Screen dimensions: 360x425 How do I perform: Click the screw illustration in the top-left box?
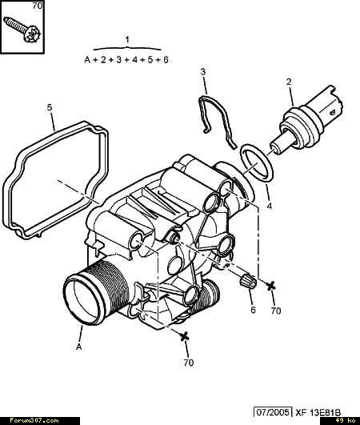point(22,30)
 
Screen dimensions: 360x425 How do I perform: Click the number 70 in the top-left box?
point(38,6)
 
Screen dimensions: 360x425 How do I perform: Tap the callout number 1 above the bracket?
point(127,40)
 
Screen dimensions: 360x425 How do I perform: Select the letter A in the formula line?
point(87,60)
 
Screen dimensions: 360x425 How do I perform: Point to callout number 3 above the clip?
point(203,72)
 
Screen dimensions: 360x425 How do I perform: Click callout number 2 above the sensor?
point(289,82)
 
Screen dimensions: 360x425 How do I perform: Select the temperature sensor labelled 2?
point(306,121)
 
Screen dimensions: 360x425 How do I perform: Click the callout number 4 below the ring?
point(269,206)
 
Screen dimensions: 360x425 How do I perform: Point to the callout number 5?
point(49,107)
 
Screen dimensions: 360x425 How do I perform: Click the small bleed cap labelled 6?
point(248,282)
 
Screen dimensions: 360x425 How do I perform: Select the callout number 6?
point(253,310)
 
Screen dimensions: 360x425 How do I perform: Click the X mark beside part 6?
point(270,286)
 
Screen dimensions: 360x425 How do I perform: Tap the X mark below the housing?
point(184,336)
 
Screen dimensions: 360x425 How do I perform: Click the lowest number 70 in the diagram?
point(189,363)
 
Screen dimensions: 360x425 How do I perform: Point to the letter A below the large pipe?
point(79,347)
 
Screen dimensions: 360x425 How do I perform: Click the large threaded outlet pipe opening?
point(84,300)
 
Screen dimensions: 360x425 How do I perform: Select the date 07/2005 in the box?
point(273,412)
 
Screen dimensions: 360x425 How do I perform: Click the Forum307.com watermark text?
point(34,421)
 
